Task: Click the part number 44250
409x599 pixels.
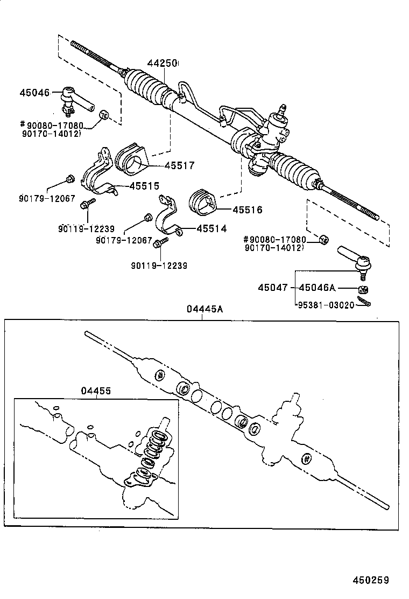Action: point(162,64)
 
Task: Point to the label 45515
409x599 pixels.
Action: point(144,186)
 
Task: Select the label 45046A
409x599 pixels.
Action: point(318,288)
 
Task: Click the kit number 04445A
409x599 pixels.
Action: point(204,309)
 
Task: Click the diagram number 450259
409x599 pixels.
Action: point(370,580)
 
